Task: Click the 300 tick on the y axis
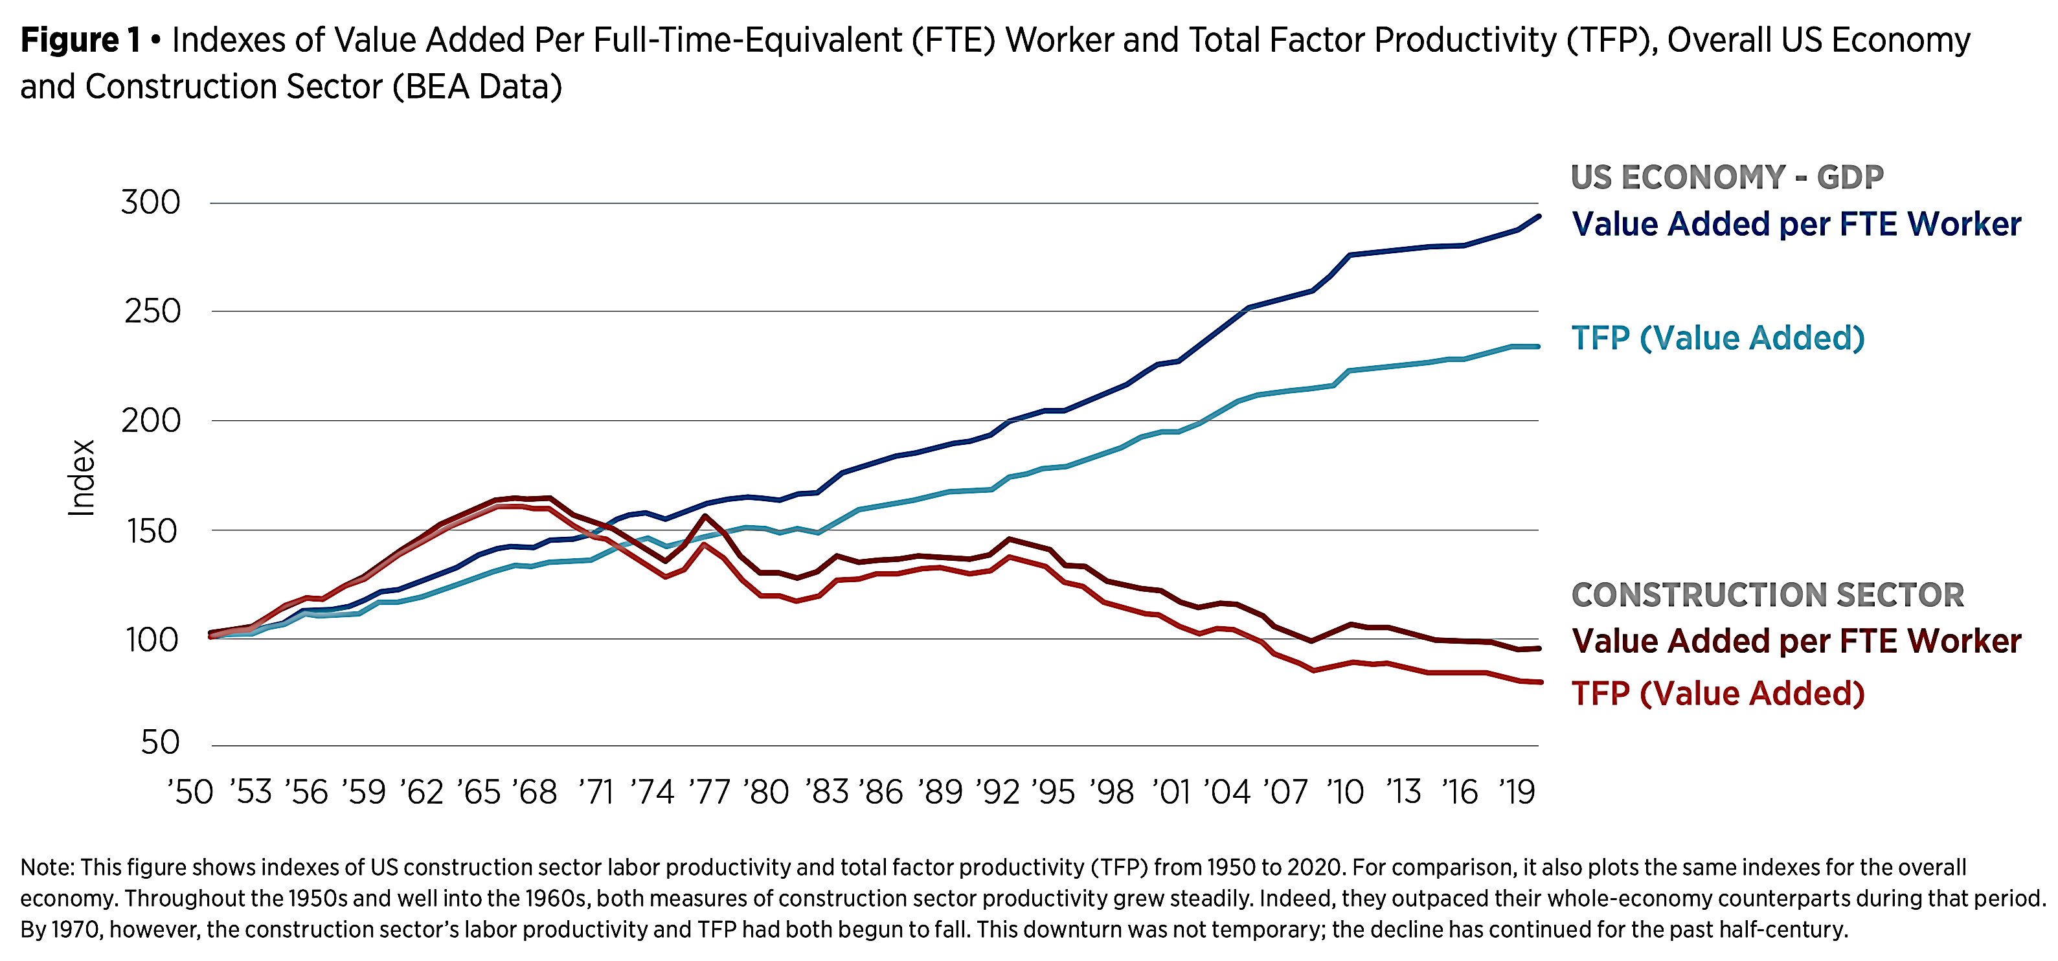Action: click(x=151, y=203)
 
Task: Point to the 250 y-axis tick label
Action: click(x=153, y=311)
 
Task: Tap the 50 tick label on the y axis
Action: click(x=160, y=743)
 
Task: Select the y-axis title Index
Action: click(x=82, y=478)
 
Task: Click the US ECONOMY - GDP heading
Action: click(x=1727, y=177)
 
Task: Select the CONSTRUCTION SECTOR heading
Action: click(x=1767, y=595)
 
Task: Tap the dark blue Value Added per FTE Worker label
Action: click(x=1796, y=225)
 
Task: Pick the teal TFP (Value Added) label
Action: click(x=1717, y=339)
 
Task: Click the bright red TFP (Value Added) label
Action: click(x=1717, y=694)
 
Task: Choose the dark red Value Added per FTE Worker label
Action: click(x=1796, y=642)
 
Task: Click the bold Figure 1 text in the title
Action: click(x=80, y=40)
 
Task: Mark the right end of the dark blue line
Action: click(x=1539, y=216)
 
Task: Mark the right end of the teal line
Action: click(x=1539, y=346)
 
